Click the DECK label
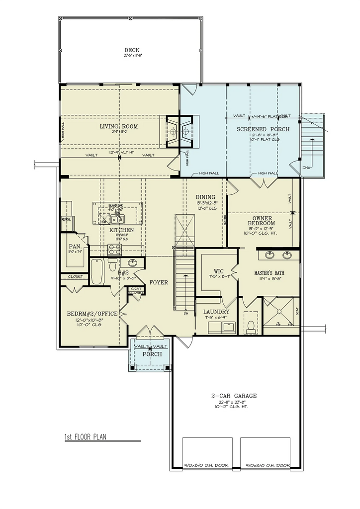(132, 50)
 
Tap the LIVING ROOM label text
(118, 127)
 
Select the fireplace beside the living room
(178, 132)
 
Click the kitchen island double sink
(117, 219)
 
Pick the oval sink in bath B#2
(133, 262)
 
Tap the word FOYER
(159, 282)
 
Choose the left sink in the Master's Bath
(270, 255)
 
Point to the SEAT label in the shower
(297, 311)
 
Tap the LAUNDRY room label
(216, 312)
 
